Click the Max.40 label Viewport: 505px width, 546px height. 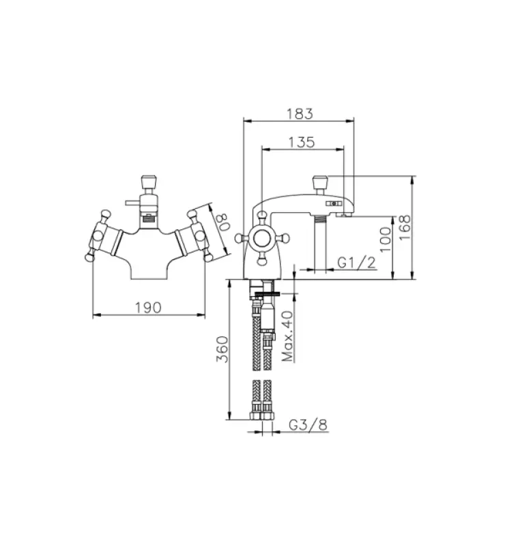point(287,336)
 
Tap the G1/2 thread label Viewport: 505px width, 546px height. point(358,263)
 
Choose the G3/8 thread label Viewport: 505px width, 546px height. point(308,425)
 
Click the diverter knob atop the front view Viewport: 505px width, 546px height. point(148,182)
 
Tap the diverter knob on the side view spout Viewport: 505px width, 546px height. point(320,183)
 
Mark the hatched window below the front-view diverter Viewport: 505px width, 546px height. point(148,220)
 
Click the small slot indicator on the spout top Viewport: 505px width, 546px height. point(334,203)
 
